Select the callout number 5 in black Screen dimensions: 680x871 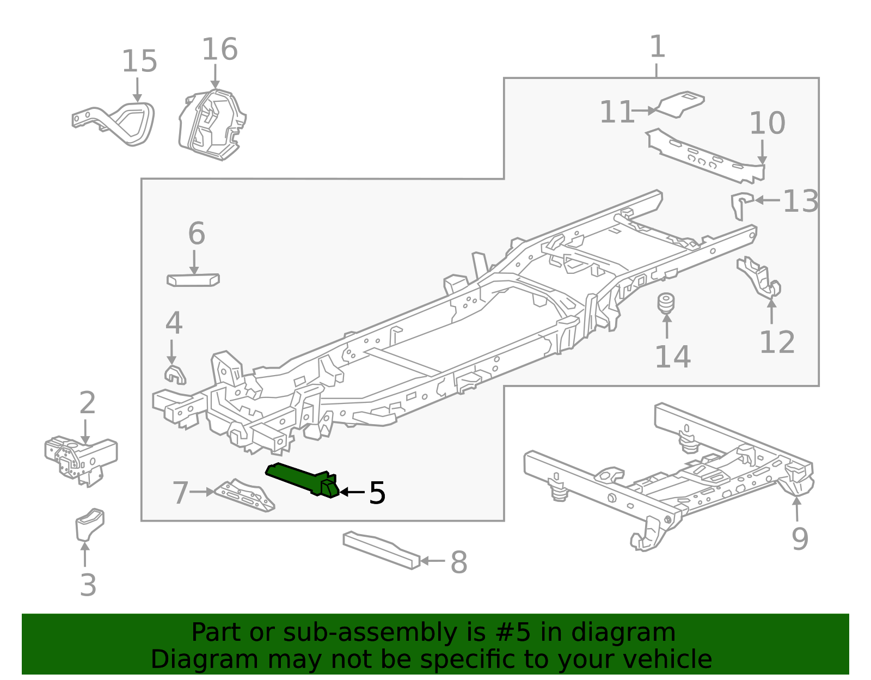[x=377, y=493]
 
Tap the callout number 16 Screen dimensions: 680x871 [x=219, y=50]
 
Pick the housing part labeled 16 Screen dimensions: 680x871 [x=212, y=125]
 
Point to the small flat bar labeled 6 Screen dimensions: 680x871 [x=193, y=280]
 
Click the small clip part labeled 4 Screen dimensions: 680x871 [x=175, y=375]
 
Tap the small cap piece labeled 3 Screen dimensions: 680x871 [x=90, y=524]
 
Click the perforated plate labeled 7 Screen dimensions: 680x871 [x=245, y=496]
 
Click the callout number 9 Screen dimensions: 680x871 [x=799, y=539]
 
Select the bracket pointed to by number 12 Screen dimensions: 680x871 [x=759, y=278]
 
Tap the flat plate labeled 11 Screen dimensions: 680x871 [x=680, y=104]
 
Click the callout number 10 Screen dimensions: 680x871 [x=767, y=124]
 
